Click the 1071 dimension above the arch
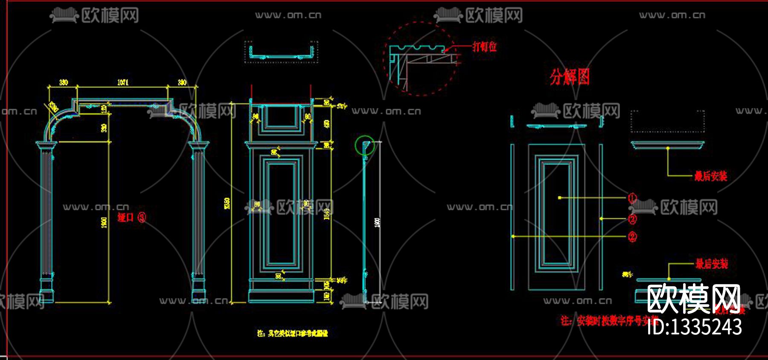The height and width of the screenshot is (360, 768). pos(123,82)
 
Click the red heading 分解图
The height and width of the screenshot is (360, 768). pos(570,77)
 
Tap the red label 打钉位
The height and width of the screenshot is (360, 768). pos(484,46)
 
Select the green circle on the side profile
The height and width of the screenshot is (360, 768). pos(364,145)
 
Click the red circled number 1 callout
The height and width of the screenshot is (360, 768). pos(632,198)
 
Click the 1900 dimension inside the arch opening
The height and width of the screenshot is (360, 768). pos(104,222)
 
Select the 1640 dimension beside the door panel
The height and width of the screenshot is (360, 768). pos(327,213)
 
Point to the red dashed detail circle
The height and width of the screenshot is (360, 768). pos(420,59)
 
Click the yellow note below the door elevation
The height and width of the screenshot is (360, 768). pos(292,333)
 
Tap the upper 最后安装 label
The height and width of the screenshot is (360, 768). pos(710,176)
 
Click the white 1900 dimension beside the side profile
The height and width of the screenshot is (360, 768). pos(377,222)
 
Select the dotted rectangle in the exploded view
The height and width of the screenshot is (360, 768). pos(667,121)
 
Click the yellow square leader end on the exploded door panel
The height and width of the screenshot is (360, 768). pos(560,198)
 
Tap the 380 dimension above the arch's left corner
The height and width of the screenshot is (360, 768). pos(63,82)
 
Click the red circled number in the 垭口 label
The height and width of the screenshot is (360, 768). pos(142,218)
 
